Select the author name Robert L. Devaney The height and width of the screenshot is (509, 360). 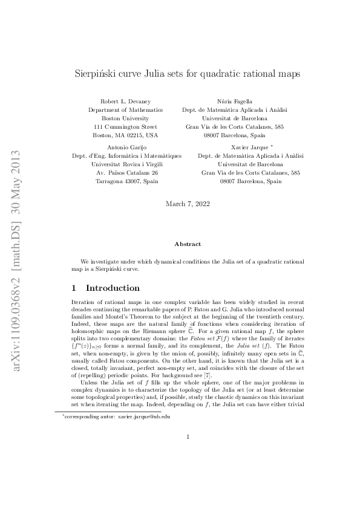click(x=125, y=102)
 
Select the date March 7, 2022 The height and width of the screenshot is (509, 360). click(x=188, y=204)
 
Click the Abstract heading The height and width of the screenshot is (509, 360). click(x=188, y=244)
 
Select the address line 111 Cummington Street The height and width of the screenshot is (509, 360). click(x=125, y=127)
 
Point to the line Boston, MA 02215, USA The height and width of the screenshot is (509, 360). click(x=125, y=135)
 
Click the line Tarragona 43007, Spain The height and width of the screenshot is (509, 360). click(x=126, y=181)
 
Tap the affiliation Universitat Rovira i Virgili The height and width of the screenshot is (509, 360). click(x=126, y=164)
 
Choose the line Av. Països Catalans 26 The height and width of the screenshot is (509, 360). click(x=127, y=172)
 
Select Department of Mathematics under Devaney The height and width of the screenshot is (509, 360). click(x=125, y=110)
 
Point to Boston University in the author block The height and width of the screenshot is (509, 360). click(x=125, y=118)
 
